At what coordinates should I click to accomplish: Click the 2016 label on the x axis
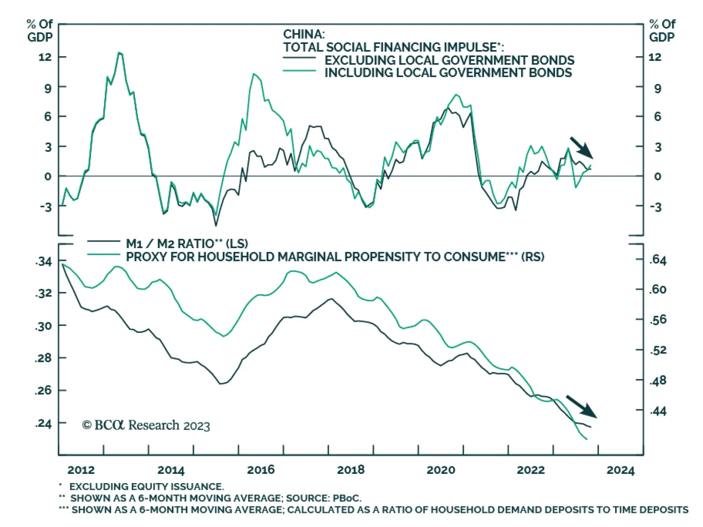click(261, 470)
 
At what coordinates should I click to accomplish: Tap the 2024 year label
click(620, 470)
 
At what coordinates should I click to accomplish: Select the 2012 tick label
click(81, 470)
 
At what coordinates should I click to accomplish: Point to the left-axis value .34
click(43, 262)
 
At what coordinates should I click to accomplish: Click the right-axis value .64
click(658, 260)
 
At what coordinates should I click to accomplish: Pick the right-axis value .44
click(658, 411)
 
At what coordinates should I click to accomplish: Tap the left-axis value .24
click(43, 423)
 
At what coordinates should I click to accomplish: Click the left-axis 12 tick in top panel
click(45, 57)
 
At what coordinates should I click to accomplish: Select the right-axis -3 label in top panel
click(656, 207)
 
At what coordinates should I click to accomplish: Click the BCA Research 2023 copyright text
click(146, 425)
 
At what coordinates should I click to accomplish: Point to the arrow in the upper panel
click(582, 148)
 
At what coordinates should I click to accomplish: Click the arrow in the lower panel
click(581, 406)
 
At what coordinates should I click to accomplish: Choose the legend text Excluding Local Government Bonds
click(449, 60)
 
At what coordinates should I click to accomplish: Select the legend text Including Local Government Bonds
click(448, 73)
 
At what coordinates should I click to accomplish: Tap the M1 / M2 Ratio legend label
click(187, 243)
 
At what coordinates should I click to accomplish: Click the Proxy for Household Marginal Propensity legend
click(335, 256)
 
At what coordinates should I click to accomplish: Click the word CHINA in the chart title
click(304, 34)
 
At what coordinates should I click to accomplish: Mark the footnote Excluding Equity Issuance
click(146, 487)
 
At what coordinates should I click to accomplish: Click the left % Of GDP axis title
click(40, 31)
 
